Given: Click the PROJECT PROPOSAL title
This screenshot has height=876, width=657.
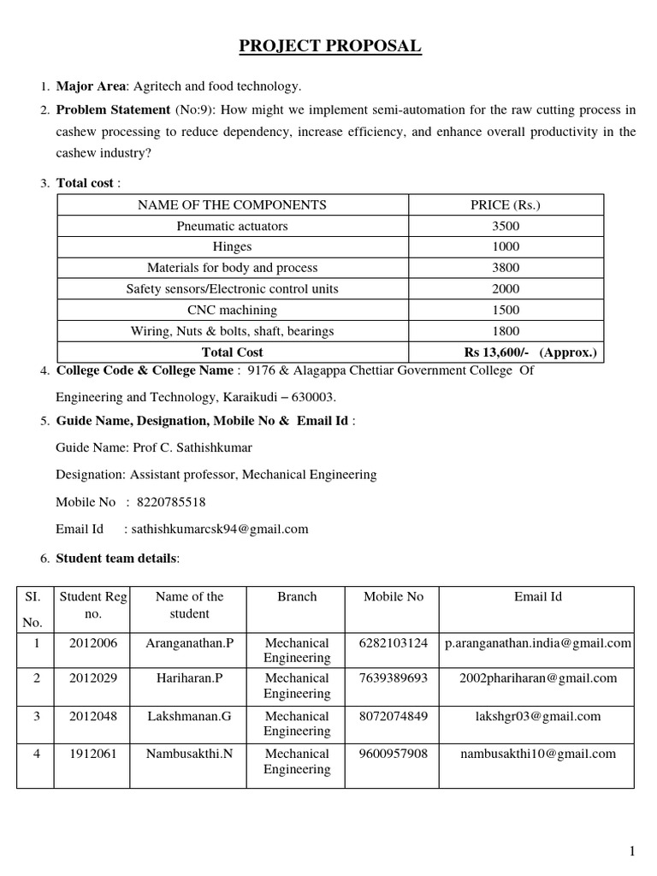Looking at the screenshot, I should click(329, 46).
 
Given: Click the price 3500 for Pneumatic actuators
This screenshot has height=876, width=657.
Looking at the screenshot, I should click(506, 226).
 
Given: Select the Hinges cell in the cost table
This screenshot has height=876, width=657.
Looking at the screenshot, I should click(232, 247).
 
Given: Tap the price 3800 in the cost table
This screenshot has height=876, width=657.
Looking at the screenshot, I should click(506, 268).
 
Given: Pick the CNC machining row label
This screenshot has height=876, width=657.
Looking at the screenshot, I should click(232, 310).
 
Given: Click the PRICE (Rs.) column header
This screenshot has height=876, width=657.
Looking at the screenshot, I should click(506, 204).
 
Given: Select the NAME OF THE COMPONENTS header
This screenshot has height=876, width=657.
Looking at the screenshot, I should click(232, 204).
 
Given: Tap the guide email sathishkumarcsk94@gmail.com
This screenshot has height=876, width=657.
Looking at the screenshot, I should click(222, 529).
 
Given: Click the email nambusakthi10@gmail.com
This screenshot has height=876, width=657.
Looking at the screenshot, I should click(537, 754).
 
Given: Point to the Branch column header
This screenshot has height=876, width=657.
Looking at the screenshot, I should click(296, 597).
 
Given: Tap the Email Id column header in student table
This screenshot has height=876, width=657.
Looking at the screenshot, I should click(537, 597).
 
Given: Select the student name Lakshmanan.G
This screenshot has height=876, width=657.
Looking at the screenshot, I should click(189, 716).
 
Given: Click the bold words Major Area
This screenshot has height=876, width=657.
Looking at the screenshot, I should click(91, 86).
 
